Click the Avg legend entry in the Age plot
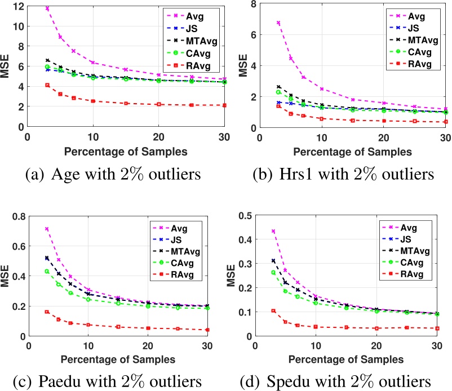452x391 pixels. coord(195,12)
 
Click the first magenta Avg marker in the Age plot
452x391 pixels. coord(47,8)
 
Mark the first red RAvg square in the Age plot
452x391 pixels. coord(47,85)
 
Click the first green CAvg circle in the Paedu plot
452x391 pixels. coord(47,272)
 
